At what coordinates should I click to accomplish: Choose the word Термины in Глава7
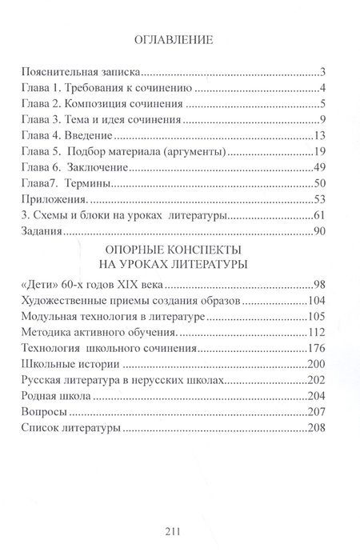coord(88,184)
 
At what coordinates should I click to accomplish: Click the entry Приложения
coord(55,200)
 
